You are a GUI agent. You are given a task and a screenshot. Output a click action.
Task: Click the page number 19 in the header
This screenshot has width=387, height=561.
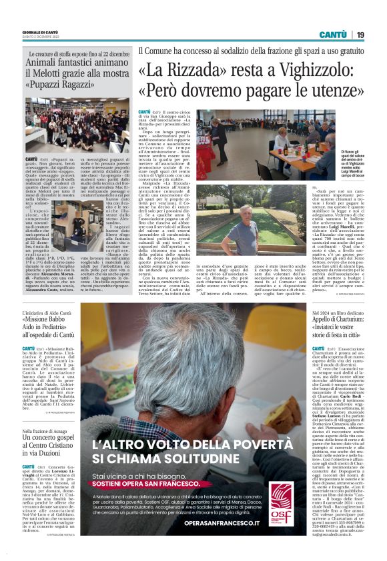pos(360,34)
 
